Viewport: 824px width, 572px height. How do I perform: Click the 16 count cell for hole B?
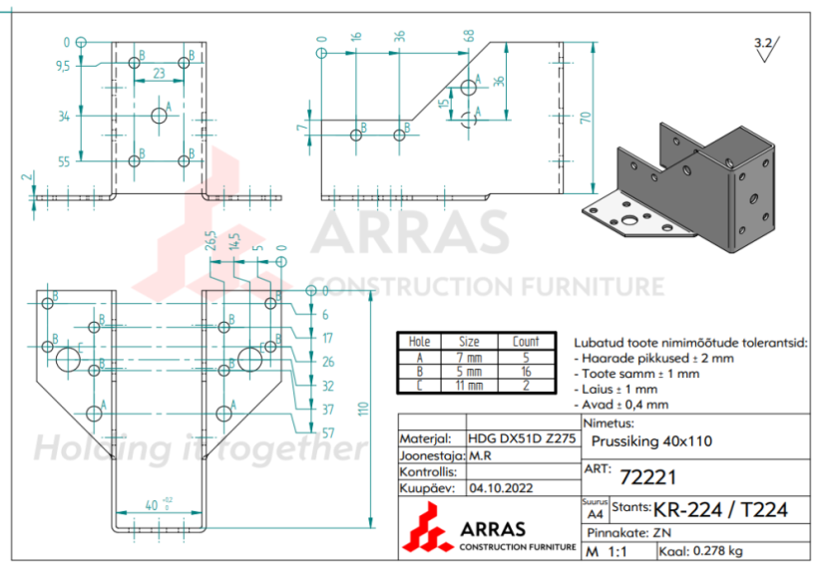click(525, 371)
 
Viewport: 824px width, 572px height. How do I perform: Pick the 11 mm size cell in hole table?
click(469, 385)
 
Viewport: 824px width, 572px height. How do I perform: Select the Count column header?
click(525, 341)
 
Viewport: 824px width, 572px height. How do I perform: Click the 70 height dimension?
click(586, 117)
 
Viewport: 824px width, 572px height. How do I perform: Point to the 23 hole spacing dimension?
click(159, 73)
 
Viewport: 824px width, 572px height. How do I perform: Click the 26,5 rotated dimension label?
click(210, 242)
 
